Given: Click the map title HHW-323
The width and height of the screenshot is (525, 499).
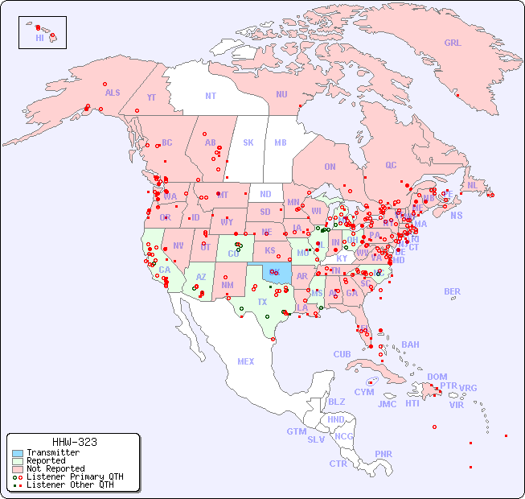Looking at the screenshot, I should point(74,442).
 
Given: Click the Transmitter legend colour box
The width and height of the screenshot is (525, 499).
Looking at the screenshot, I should point(18,452).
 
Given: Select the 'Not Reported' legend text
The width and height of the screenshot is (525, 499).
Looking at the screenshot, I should point(55,468).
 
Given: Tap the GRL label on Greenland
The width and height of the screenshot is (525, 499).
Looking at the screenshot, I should point(453,43).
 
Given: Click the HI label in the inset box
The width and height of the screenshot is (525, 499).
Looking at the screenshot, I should point(39,38).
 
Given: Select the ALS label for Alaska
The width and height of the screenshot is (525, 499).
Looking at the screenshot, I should point(113,93).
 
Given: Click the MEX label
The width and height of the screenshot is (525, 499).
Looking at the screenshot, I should point(246,361).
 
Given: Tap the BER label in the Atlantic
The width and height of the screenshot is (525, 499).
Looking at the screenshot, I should point(453,291).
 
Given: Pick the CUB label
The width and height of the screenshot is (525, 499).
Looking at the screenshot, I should point(342,354).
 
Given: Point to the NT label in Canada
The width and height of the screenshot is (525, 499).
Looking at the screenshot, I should point(211,95).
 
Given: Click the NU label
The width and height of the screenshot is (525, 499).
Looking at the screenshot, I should point(281,94).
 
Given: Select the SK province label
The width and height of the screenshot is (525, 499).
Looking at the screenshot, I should point(248,142).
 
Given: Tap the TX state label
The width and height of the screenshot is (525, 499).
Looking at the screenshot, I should point(262,302).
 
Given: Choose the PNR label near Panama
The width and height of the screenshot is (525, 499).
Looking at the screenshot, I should point(383,454).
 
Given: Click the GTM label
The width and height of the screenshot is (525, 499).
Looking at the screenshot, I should point(296,431).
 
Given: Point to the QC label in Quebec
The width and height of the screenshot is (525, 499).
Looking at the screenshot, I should point(391,165).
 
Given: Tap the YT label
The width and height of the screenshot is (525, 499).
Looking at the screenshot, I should point(151,97).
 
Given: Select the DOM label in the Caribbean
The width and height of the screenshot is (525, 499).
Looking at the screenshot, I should point(437,377).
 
